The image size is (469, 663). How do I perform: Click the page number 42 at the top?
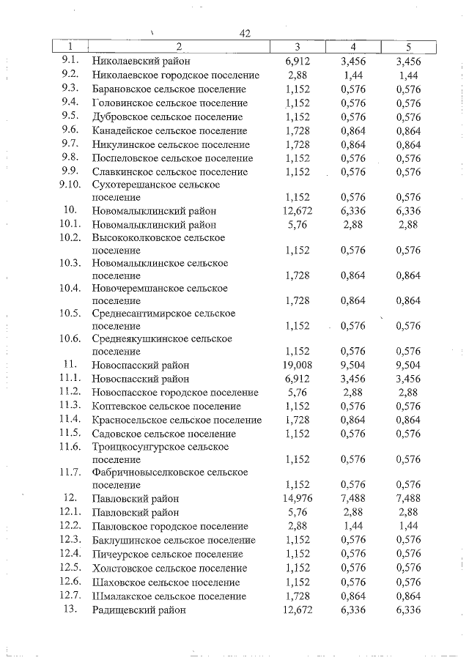[x=245, y=34]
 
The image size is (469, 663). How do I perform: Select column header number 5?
[x=407, y=48]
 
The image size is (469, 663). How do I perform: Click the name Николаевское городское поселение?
[x=176, y=75]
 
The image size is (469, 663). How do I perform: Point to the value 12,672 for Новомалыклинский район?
[x=298, y=211]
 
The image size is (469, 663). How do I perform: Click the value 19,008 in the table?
[x=298, y=365]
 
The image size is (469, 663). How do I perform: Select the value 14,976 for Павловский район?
[x=298, y=499]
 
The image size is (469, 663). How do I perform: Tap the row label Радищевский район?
[x=139, y=610]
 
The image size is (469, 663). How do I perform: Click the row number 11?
[x=70, y=364]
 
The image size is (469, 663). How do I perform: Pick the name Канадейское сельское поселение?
[x=169, y=130]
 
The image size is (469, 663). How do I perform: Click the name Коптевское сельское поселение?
[x=166, y=407]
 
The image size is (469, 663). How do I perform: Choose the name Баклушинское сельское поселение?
[x=174, y=541]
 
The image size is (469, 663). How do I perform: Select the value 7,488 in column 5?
[x=407, y=499]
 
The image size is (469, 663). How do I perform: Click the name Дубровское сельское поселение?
[x=167, y=116]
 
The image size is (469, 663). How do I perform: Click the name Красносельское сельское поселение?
[x=177, y=421]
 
